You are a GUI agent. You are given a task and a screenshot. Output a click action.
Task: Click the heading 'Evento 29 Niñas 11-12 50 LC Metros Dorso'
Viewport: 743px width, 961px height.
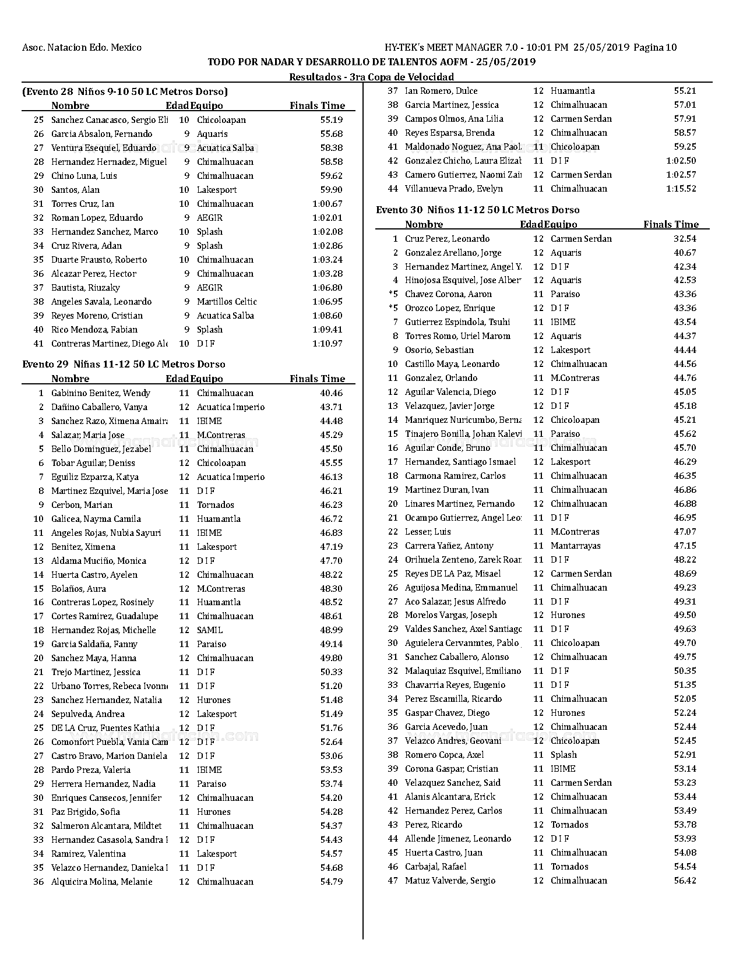pyautogui.click(x=124, y=364)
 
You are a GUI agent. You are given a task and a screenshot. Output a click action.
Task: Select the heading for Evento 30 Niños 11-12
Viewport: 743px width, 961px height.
pyautogui.click(x=477, y=210)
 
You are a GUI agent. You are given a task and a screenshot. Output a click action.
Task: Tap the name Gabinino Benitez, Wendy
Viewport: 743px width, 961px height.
pyautogui.click(x=100, y=393)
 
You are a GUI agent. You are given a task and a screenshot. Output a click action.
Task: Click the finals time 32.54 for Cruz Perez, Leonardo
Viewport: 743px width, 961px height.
pyautogui.click(x=685, y=239)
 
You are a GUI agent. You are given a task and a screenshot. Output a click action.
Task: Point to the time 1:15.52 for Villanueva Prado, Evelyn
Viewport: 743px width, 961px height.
pyautogui.click(x=681, y=189)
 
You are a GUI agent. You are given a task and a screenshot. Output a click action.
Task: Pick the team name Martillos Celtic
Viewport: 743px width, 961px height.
pyautogui.click(x=226, y=302)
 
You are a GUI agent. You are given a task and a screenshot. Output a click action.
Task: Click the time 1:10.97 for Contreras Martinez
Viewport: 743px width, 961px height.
pyautogui.click(x=328, y=344)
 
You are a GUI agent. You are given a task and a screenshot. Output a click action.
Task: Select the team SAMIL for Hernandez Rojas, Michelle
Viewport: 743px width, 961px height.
pyautogui.click(x=209, y=630)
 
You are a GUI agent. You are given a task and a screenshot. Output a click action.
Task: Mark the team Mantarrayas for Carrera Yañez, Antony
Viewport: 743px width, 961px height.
pyautogui.click(x=575, y=546)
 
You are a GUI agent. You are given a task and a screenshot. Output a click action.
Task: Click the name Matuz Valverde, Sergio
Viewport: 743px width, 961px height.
pyautogui.click(x=450, y=881)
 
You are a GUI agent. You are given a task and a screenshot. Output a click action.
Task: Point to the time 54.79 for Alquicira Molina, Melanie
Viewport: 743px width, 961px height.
pyautogui.click(x=331, y=882)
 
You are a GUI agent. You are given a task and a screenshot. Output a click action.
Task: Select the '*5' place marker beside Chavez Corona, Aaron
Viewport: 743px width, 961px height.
pyautogui.click(x=393, y=294)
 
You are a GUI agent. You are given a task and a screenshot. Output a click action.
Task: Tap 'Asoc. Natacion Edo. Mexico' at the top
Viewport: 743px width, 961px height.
pyautogui.click(x=82, y=48)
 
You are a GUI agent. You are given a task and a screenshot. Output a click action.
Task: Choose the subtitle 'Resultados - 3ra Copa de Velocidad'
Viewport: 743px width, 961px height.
pyautogui.click(x=371, y=77)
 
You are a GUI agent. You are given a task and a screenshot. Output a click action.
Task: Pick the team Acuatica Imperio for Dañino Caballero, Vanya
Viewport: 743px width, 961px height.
pyautogui.click(x=230, y=407)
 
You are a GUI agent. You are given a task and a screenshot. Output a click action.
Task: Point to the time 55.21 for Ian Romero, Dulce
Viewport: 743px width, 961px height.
pyautogui.click(x=685, y=91)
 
